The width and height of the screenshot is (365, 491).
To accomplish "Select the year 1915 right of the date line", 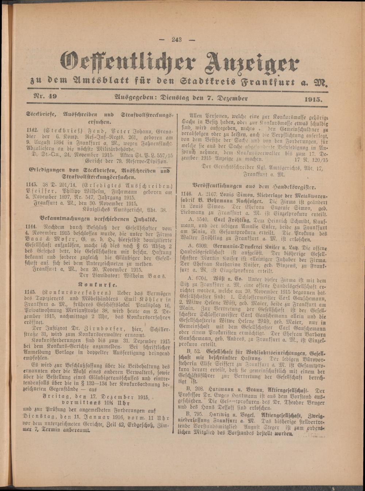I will [314, 98].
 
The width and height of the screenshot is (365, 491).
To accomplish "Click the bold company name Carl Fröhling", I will [227, 220].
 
